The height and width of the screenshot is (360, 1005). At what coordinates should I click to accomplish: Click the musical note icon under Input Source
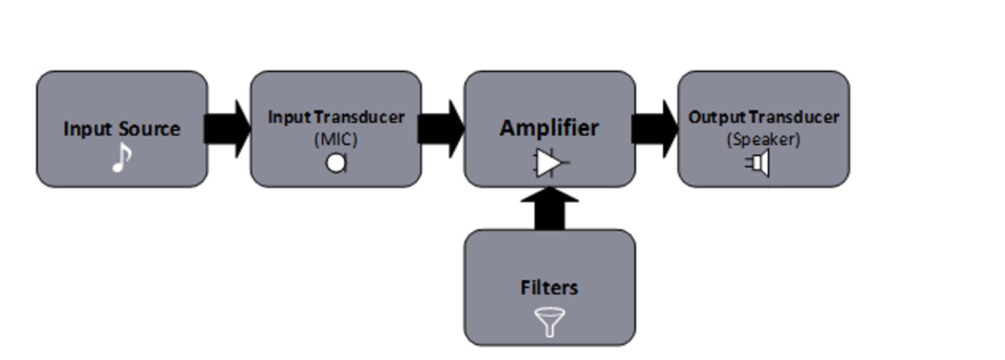pyautogui.click(x=122, y=158)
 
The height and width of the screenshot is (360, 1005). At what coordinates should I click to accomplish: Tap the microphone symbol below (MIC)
pyautogui.click(x=336, y=163)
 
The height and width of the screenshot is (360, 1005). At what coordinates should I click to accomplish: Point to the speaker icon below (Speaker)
pyautogui.click(x=758, y=163)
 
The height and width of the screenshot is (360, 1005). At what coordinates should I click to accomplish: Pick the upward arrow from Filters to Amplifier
pyautogui.click(x=550, y=208)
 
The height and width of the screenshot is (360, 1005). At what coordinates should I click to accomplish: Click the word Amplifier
pyautogui.click(x=549, y=128)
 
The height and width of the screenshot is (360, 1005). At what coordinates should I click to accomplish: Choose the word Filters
pyautogui.click(x=550, y=288)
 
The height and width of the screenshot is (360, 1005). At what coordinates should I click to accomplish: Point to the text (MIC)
pyautogui.click(x=336, y=139)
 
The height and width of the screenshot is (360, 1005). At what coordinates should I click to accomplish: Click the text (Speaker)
pyautogui.click(x=764, y=139)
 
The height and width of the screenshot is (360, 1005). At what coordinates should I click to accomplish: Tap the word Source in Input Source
pyautogui.click(x=149, y=129)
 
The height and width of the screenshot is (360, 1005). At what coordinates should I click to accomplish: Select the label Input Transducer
pyautogui.click(x=336, y=118)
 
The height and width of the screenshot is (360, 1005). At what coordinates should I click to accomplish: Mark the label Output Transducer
pyautogui.click(x=764, y=118)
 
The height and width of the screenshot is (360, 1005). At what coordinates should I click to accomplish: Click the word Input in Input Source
pyautogui.click(x=83, y=129)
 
